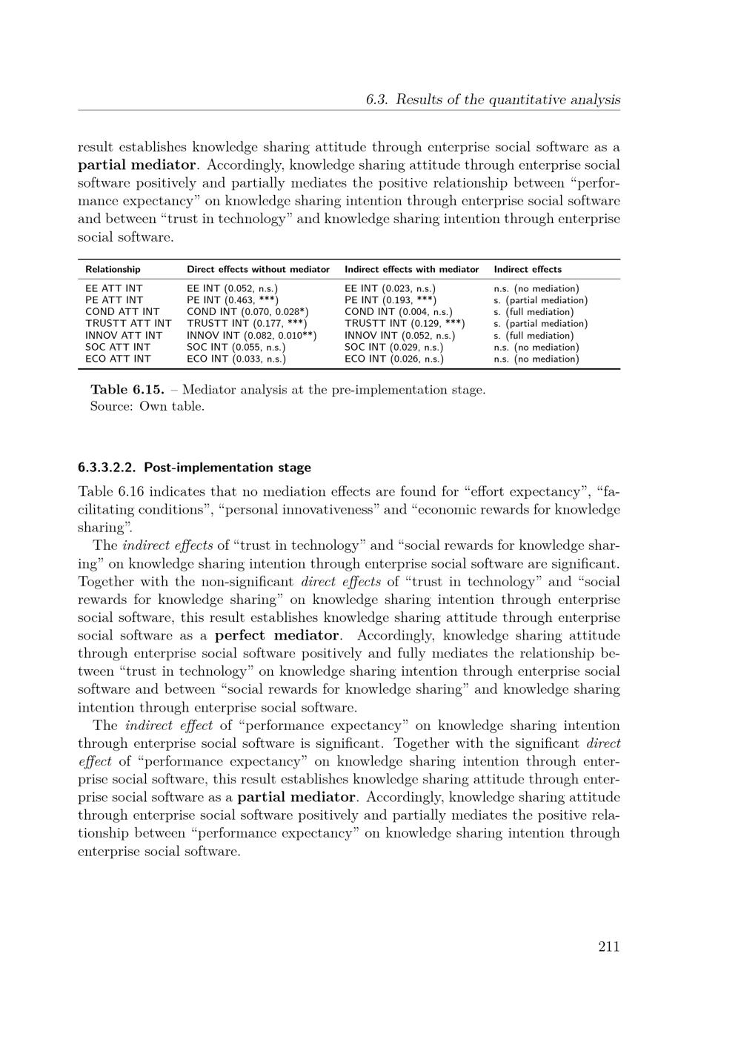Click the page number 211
coord(608,946)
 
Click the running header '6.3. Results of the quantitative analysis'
coord(493,99)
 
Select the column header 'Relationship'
coord(113,270)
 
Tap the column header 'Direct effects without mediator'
coord(258,270)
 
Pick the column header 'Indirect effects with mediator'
coord(411,270)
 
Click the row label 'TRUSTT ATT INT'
coord(128,324)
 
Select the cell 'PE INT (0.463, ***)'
coord(233,300)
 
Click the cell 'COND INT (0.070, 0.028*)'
coord(247,312)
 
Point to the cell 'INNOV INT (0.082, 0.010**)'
coord(252,336)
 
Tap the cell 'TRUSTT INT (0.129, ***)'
coord(405,324)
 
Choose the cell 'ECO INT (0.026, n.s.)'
coord(394,359)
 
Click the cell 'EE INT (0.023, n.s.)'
coord(391,288)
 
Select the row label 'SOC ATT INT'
coord(118,348)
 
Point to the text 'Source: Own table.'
coord(147,406)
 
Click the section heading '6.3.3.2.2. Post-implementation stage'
coord(194,468)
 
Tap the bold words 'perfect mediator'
coord(277,635)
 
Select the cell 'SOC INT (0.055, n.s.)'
coord(236,348)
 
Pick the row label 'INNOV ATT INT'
coord(124,336)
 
